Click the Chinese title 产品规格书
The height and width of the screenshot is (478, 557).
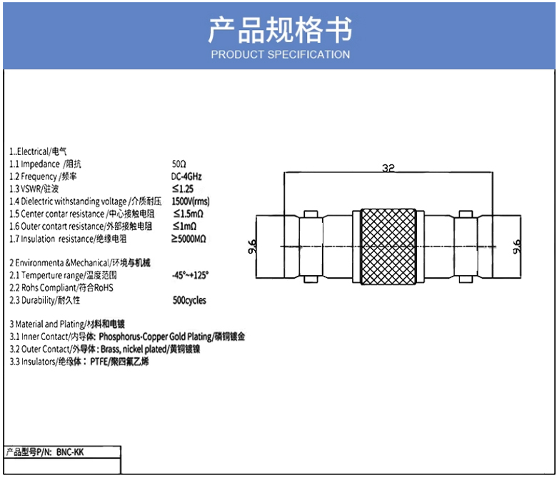click(x=279, y=30)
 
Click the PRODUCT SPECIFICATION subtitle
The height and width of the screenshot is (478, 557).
click(x=280, y=54)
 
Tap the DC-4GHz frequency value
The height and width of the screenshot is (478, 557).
click(x=186, y=176)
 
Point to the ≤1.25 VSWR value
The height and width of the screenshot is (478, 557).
click(x=183, y=189)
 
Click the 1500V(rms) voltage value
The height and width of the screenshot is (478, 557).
click(x=191, y=201)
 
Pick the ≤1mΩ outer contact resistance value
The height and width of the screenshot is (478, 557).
click(x=184, y=226)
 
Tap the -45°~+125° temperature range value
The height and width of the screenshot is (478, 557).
click(x=190, y=275)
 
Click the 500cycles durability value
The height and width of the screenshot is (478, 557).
click(x=189, y=300)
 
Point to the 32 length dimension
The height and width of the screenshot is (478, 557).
click(x=388, y=169)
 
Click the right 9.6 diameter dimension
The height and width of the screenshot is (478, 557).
click(x=517, y=247)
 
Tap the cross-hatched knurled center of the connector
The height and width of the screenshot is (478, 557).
click(x=388, y=247)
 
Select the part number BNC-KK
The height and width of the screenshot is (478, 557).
click(x=69, y=452)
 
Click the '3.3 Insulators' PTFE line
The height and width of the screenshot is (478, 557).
click(x=79, y=362)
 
